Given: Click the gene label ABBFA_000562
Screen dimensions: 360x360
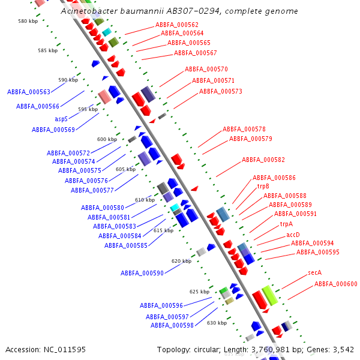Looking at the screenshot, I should [x=176, y=25].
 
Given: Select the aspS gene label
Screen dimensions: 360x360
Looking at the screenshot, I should [x=61, y=119].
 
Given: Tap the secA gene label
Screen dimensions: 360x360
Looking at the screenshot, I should [x=315, y=272].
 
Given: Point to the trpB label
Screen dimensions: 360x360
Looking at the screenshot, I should [x=263, y=187].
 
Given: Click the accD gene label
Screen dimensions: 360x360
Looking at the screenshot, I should [x=293, y=235].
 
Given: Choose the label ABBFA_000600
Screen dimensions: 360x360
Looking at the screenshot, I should [x=335, y=284].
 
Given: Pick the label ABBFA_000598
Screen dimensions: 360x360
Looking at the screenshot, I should [x=172, y=325].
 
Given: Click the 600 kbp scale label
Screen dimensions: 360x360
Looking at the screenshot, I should [x=107, y=139].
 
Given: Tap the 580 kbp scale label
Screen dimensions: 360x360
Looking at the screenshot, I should [x=28, y=21].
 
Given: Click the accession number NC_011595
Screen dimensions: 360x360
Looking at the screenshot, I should [x=67, y=349].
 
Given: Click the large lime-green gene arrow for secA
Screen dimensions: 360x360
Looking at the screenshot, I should [x=269, y=295].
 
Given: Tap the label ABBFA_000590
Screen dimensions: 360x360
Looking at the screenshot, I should [x=142, y=273].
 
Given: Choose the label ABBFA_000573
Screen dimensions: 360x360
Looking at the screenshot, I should [x=220, y=91].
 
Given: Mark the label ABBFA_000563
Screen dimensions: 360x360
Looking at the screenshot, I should [x=28, y=92].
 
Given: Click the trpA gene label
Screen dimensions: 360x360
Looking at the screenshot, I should [x=286, y=224].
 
